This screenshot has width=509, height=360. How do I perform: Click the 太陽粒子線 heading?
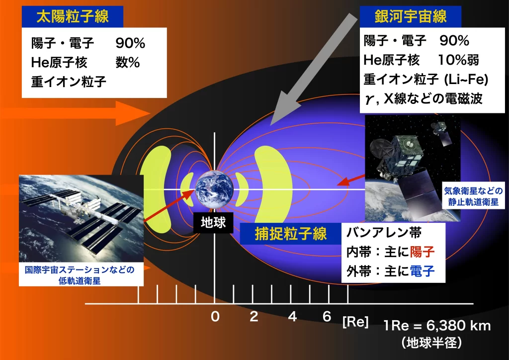click(73, 17)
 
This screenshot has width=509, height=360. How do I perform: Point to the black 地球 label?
click(213, 222)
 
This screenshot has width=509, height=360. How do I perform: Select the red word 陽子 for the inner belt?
click(422, 252)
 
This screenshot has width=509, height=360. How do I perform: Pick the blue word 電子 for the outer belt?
click(422, 271)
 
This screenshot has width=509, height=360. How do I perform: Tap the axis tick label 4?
click(292, 317)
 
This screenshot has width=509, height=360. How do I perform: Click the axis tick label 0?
click(215, 317)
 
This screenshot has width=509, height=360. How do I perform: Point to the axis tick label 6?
click(327, 317)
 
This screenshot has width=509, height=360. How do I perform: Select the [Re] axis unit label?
click(355, 322)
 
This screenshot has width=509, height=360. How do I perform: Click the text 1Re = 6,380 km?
click(437, 326)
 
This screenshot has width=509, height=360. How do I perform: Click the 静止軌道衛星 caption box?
click(474, 197)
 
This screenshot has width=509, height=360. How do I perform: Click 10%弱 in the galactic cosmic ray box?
click(458, 60)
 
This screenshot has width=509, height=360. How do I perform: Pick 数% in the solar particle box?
click(127, 63)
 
